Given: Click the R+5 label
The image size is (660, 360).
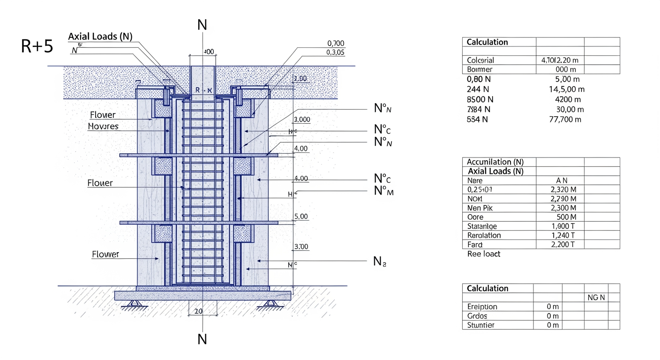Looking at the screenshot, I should pyautogui.click(x=37, y=46).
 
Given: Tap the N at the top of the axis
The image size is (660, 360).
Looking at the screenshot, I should pyautogui.click(x=202, y=24).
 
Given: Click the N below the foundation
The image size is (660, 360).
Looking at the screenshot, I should pyautogui.click(x=202, y=339).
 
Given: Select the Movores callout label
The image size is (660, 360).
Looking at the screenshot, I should pyautogui.click(x=103, y=127).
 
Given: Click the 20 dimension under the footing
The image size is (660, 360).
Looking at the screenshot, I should pyautogui.click(x=198, y=311).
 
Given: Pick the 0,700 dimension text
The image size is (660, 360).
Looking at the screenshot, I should pyautogui.click(x=335, y=44).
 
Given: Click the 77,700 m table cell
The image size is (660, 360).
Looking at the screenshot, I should pyautogui.click(x=565, y=119).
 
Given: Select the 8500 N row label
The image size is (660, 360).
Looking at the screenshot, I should pyautogui.click(x=480, y=99).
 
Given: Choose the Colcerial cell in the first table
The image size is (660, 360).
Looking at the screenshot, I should pyautogui.click(x=480, y=60).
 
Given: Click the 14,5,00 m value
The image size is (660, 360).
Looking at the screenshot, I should pyautogui.click(x=566, y=90).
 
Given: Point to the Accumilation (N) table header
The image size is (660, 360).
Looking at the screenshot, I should pyautogui.click(x=495, y=162).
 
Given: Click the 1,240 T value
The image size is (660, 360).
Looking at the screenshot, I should pyautogui.click(x=563, y=235).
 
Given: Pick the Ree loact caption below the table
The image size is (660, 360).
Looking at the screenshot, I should pyautogui.click(x=484, y=254).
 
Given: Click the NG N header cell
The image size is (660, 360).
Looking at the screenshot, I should pyautogui.click(x=596, y=298).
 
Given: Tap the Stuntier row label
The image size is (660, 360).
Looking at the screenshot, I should pyautogui.click(x=481, y=325).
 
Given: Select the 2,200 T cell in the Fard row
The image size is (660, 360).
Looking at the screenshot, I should pyautogui.click(x=563, y=244).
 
